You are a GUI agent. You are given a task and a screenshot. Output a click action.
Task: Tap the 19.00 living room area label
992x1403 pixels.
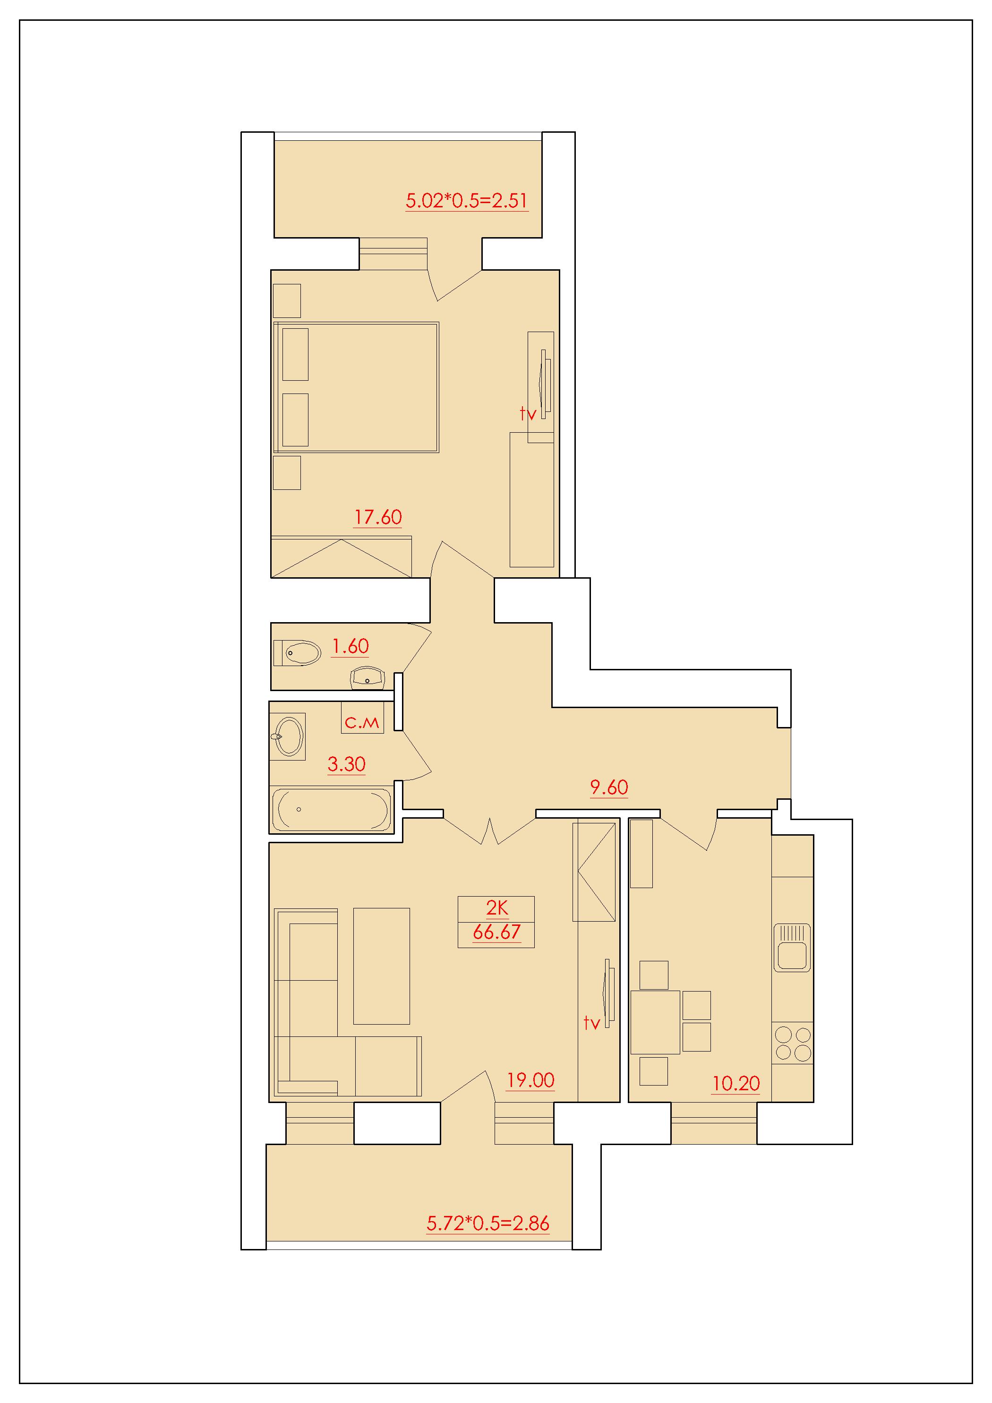[x=530, y=1080]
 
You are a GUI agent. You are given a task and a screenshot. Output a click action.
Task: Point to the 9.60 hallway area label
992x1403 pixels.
[x=609, y=787]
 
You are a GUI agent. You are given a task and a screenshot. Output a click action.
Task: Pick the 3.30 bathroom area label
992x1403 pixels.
[x=347, y=764]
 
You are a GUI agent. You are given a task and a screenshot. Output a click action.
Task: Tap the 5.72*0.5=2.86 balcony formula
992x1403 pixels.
[x=488, y=1223]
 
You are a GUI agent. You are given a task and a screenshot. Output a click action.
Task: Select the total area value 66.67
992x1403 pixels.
[x=496, y=932]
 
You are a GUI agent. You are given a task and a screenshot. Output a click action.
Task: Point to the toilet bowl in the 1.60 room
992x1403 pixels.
[x=297, y=653]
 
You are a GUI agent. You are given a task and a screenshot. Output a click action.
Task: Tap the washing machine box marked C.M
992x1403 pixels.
[x=362, y=718]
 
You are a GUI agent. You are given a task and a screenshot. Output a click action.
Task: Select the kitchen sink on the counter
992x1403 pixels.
[x=792, y=948]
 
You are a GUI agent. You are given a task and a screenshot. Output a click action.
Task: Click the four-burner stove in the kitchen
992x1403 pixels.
[x=793, y=1044]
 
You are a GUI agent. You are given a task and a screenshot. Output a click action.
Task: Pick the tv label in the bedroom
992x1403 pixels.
[x=528, y=414]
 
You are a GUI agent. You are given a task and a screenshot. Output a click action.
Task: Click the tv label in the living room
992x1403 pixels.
[x=591, y=1023]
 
